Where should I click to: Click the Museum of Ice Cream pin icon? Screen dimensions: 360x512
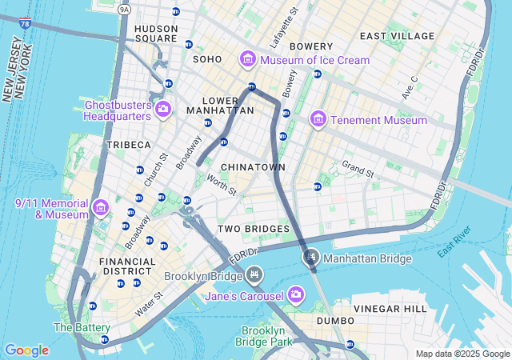248,60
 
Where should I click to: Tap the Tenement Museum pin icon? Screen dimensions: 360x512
318,119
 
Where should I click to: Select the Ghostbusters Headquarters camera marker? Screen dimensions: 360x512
163,109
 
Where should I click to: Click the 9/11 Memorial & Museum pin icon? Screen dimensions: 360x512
101,208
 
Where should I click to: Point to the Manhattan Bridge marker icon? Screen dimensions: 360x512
310,258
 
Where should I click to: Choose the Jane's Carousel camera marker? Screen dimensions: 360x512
296,295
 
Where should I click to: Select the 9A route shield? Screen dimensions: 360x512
123,9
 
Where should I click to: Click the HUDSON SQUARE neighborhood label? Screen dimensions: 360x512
156,33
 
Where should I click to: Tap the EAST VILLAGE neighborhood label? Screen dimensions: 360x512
397,36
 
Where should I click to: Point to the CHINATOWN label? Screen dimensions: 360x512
253,166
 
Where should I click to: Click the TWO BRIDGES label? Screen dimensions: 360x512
254,230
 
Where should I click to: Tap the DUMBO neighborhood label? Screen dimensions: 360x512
334,321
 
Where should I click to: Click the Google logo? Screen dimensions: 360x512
26,350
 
